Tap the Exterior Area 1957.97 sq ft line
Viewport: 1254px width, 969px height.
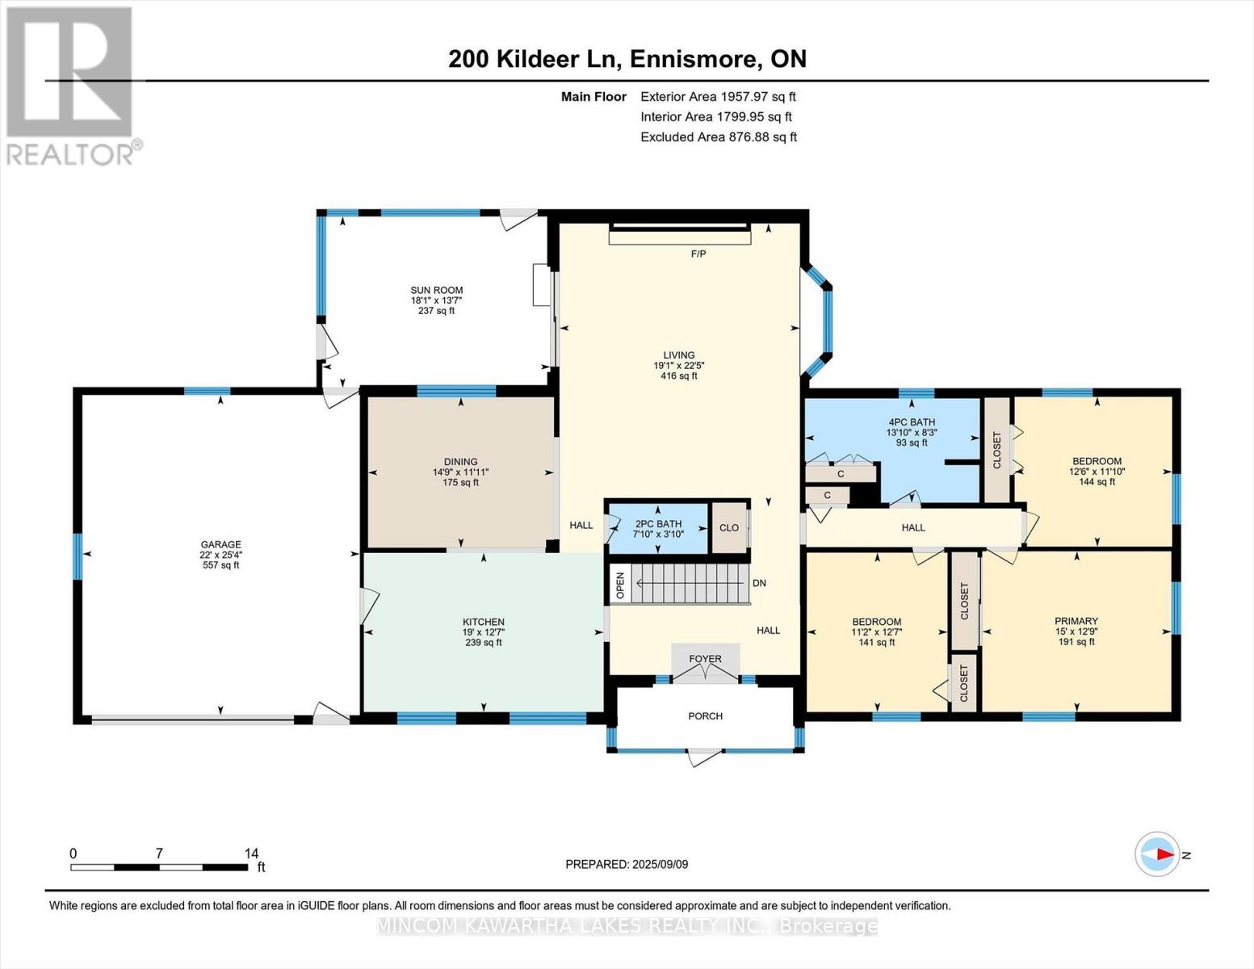718,96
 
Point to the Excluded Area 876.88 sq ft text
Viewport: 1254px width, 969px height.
718,137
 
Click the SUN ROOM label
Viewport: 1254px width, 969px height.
436,291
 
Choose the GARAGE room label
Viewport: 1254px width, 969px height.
220,545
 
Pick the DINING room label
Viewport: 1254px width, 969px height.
460,463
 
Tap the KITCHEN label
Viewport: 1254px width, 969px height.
484,623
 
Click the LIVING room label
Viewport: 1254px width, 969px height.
678,355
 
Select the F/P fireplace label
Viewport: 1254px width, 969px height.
698,254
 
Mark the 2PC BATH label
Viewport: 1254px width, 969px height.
658,524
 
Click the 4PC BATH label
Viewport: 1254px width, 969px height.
911,422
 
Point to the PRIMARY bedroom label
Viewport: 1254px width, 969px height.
1076,622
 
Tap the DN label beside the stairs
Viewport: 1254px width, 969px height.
759,583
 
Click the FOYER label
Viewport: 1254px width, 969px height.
705,659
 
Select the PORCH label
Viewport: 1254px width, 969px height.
705,716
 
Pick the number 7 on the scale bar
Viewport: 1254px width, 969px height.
159,854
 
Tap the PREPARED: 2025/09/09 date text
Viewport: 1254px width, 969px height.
627,864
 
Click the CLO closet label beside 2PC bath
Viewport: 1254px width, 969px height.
729,528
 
